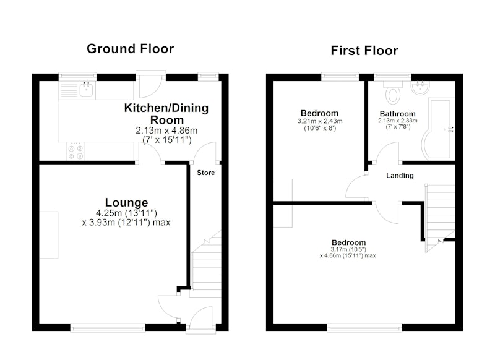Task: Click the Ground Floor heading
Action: pos(130,49)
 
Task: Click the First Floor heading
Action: pos(364,51)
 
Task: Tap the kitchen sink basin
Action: pos(86,90)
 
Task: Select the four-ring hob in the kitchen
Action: pos(75,152)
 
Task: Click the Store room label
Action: pos(206,173)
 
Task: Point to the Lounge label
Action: pos(126,202)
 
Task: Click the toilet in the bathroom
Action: pos(393,92)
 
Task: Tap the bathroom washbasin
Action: pos(420,87)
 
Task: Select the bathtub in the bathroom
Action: pos(439,129)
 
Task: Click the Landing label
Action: pos(400,176)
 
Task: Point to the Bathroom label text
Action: pos(397,114)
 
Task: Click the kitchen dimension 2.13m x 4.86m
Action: pos(166,131)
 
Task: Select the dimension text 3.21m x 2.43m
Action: pos(320,121)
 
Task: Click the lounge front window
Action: pos(108,328)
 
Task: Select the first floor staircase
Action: pos(440,218)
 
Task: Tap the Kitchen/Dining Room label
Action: pos(166,114)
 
